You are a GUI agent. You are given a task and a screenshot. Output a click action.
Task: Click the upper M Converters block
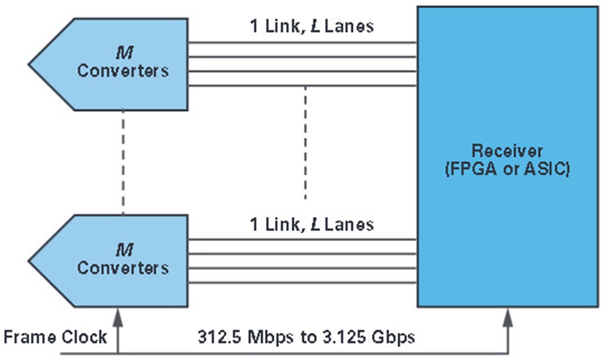tap(115, 64)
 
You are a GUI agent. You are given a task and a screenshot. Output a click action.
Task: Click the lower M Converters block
tap(115, 261)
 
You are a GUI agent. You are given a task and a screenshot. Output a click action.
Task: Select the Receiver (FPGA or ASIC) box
tap(508, 157)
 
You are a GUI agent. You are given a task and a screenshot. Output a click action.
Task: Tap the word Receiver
tap(507, 150)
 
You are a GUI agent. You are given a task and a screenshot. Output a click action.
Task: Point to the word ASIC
tap(544, 169)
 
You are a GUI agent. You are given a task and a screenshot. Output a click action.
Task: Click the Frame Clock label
tap(55, 337)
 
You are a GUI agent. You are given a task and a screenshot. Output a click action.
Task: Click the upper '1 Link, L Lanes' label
tap(311, 26)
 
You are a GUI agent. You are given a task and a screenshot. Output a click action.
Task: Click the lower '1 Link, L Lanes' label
tap(311, 224)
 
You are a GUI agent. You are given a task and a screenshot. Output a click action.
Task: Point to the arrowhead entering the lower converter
tap(118, 317)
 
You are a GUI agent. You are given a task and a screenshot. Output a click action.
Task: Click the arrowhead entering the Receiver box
tap(508, 317)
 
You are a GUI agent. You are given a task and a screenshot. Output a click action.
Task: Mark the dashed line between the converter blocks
tap(123, 163)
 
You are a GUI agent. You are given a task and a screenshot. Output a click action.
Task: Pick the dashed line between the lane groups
tap(305, 142)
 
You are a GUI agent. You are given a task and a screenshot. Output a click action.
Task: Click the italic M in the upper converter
tap(124, 53)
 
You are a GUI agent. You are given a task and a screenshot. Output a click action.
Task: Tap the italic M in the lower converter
tap(124, 250)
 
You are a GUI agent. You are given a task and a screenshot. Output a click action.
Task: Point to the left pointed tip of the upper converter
tap(29, 64)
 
